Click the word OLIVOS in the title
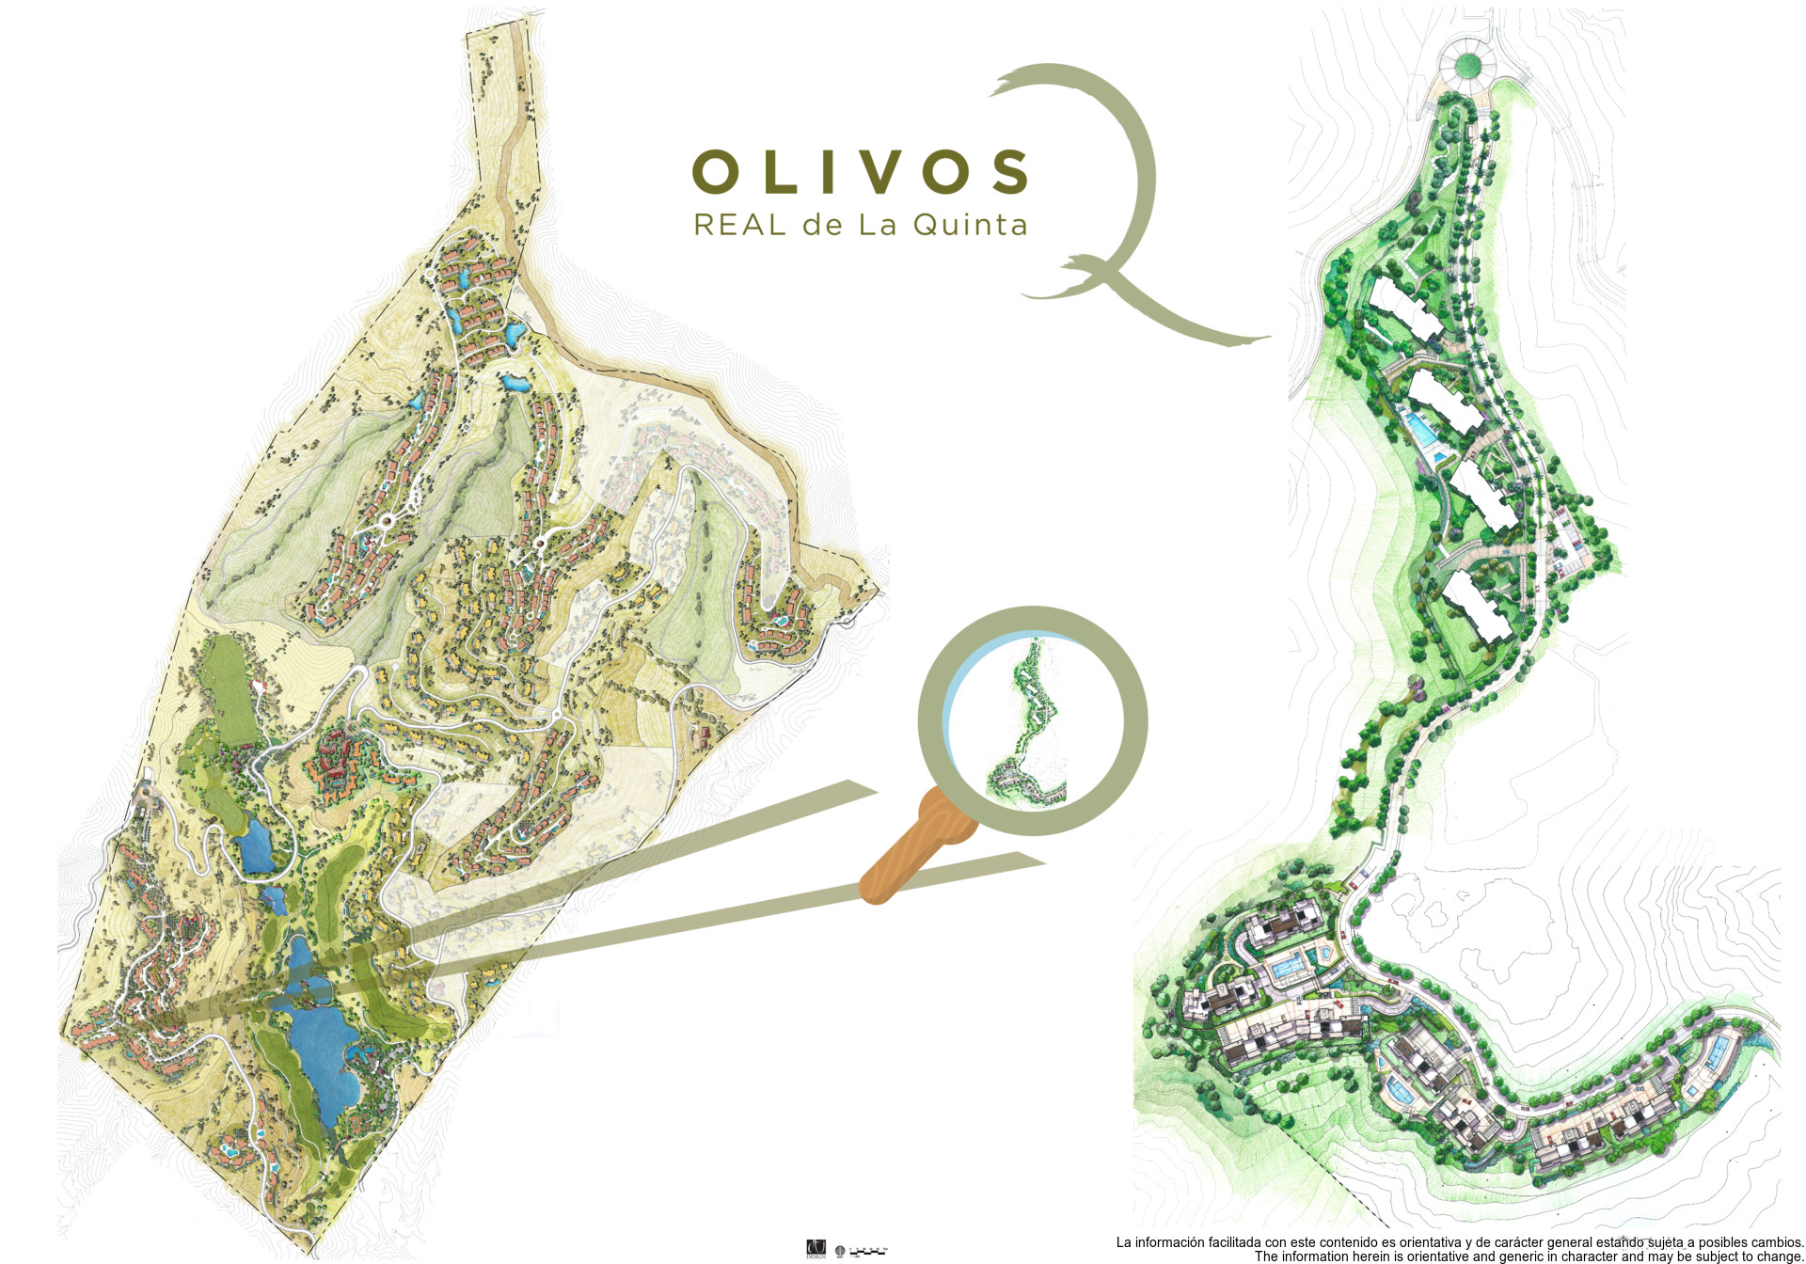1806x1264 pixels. pyautogui.click(x=860, y=172)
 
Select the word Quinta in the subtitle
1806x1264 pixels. pyautogui.click(x=970, y=226)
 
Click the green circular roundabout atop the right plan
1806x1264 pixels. pyautogui.click(x=1467, y=65)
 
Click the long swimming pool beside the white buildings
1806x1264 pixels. pyautogui.click(x=1421, y=431)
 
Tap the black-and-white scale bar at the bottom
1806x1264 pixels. pyautogui.click(x=868, y=1252)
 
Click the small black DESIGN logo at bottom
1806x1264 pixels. pyautogui.click(x=816, y=1250)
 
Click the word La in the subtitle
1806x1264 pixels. pyautogui.click(x=875, y=226)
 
